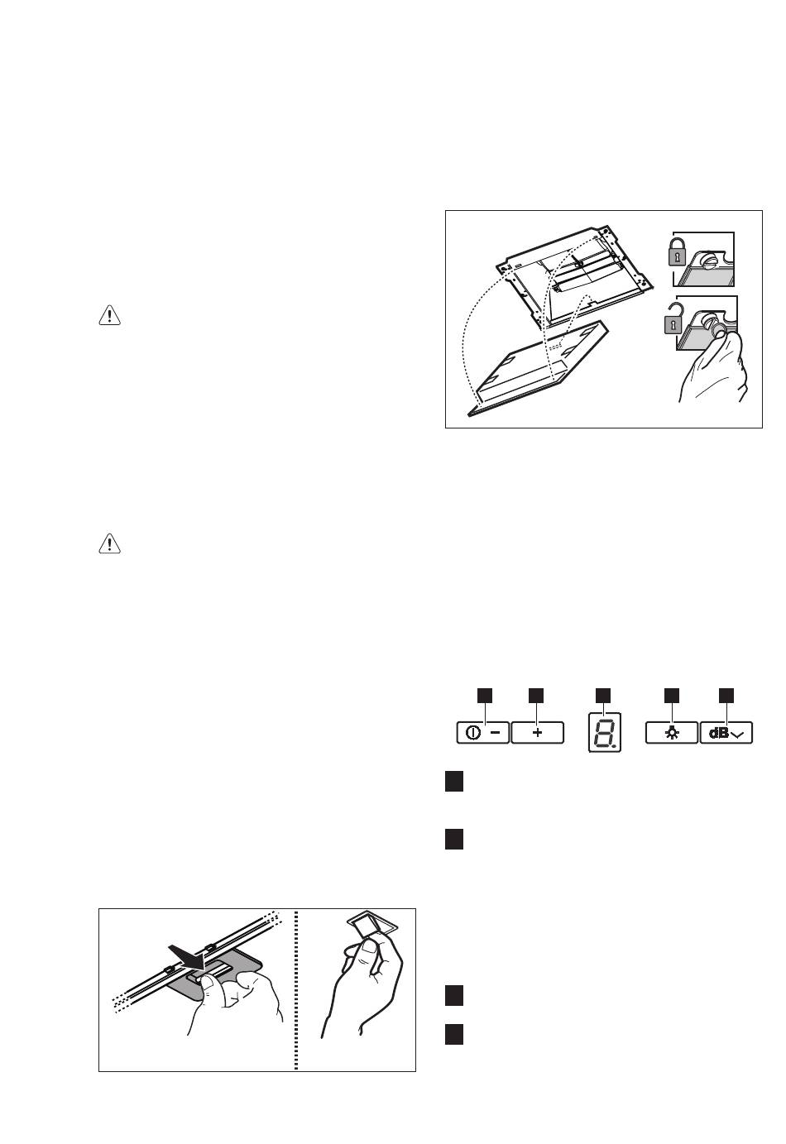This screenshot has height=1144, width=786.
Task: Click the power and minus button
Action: pyautogui.click(x=482, y=733)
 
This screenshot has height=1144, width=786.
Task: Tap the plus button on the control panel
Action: pyautogui.click(x=537, y=733)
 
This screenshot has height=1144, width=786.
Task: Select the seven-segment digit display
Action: pyautogui.click(x=605, y=732)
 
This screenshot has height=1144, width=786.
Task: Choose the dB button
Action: pyautogui.click(x=726, y=733)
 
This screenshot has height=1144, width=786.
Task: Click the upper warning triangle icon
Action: pyautogui.click(x=109, y=315)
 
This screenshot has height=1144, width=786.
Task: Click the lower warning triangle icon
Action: pyautogui.click(x=109, y=543)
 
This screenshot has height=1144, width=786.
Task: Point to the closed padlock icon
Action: pyautogui.click(x=678, y=251)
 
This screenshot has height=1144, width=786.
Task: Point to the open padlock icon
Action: pyautogui.click(x=673, y=318)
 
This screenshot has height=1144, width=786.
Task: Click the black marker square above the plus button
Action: pyautogui.click(x=536, y=695)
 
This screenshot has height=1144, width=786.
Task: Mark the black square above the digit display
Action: pyautogui.click(x=603, y=695)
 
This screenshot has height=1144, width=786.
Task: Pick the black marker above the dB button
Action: pyautogui.click(x=726, y=695)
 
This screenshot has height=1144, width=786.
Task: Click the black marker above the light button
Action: pyautogui.click(x=671, y=695)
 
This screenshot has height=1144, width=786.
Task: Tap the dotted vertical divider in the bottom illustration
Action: pyautogui.click(x=296, y=989)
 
